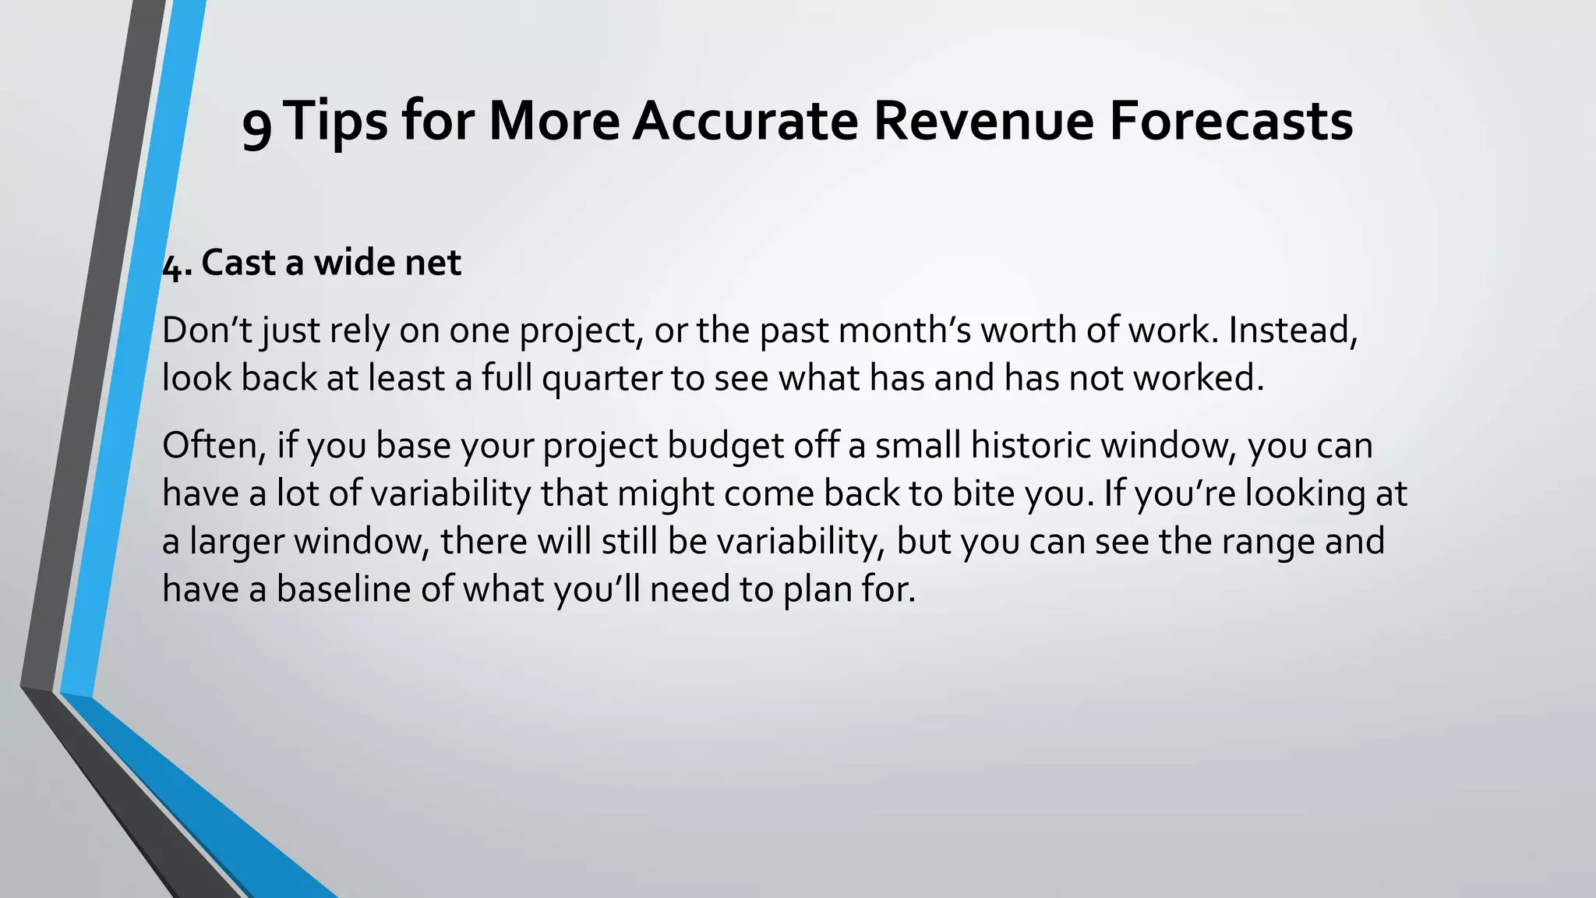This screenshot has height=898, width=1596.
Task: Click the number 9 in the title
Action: point(257,125)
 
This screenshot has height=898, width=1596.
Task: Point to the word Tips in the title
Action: point(336,122)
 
